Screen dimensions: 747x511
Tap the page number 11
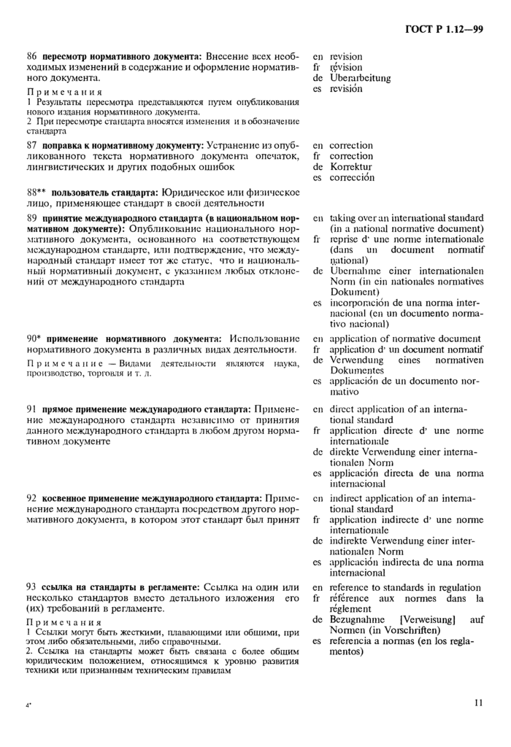tap(478, 703)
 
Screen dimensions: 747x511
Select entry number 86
tap(31, 56)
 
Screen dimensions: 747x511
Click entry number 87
tap(31, 146)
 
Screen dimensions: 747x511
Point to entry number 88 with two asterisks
tap(34, 192)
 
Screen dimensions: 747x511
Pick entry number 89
tap(31, 218)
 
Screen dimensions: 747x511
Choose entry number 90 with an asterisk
tap(33, 339)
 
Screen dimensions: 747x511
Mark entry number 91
tap(31, 410)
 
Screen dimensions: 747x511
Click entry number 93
tap(31, 588)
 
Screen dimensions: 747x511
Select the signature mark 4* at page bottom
tap(28, 706)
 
